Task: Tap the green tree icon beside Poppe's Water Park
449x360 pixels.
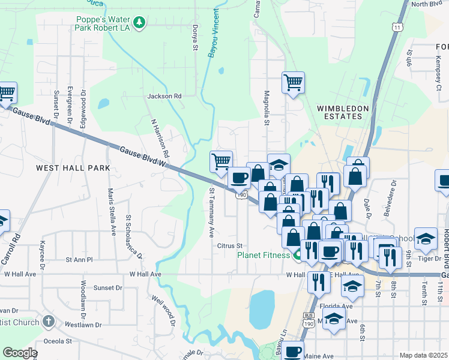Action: pos(139,23)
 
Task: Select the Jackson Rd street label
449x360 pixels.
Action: pos(164,96)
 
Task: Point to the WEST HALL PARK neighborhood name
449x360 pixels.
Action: pos(73,168)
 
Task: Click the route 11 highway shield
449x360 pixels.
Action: pos(396,28)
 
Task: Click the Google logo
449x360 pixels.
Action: pos(20,353)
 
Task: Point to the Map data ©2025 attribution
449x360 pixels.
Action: pos(423,355)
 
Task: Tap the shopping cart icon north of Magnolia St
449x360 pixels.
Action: pos(293,82)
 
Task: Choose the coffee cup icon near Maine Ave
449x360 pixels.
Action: pos(293,352)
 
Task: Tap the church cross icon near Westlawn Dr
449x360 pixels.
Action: pos(49,322)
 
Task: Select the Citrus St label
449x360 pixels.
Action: pos(229,246)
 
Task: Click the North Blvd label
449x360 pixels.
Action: pos(427,4)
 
